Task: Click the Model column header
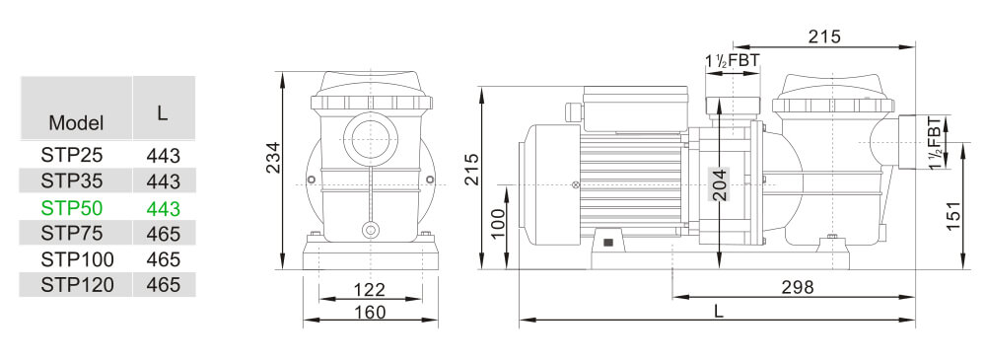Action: tap(76, 123)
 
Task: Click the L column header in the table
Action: tap(163, 112)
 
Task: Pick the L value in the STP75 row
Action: tap(163, 234)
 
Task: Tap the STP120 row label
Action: tap(77, 285)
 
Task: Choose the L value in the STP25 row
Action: tap(163, 156)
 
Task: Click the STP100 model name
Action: tap(77, 259)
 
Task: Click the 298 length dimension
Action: tap(797, 287)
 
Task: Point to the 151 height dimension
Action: tap(953, 215)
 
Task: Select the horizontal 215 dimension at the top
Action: tap(824, 37)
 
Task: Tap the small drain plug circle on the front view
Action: tap(370, 230)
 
